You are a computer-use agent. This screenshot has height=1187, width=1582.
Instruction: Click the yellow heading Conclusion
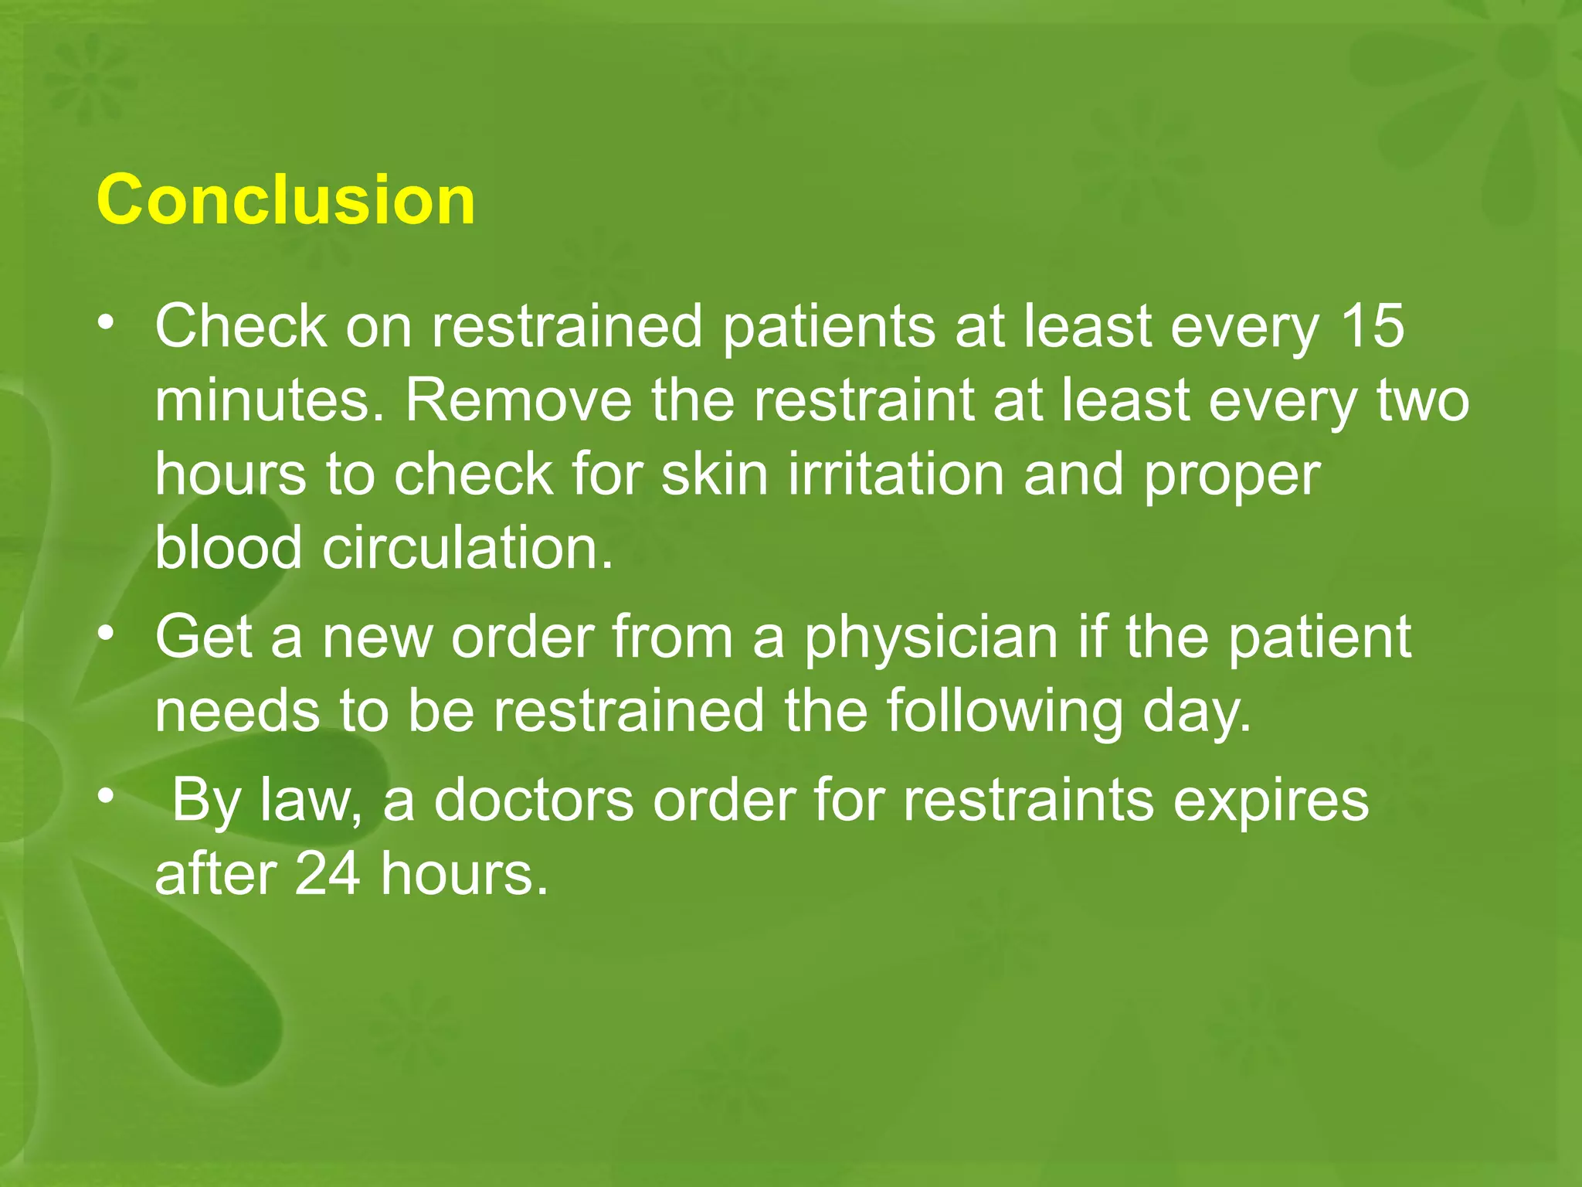(286, 200)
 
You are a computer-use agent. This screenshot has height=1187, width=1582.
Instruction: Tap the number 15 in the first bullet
(1373, 327)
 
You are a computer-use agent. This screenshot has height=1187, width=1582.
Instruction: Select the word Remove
(518, 401)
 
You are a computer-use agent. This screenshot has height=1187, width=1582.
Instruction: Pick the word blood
(229, 548)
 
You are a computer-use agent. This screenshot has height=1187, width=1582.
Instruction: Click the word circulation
(467, 548)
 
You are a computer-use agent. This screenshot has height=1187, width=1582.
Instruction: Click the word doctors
(534, 801)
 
